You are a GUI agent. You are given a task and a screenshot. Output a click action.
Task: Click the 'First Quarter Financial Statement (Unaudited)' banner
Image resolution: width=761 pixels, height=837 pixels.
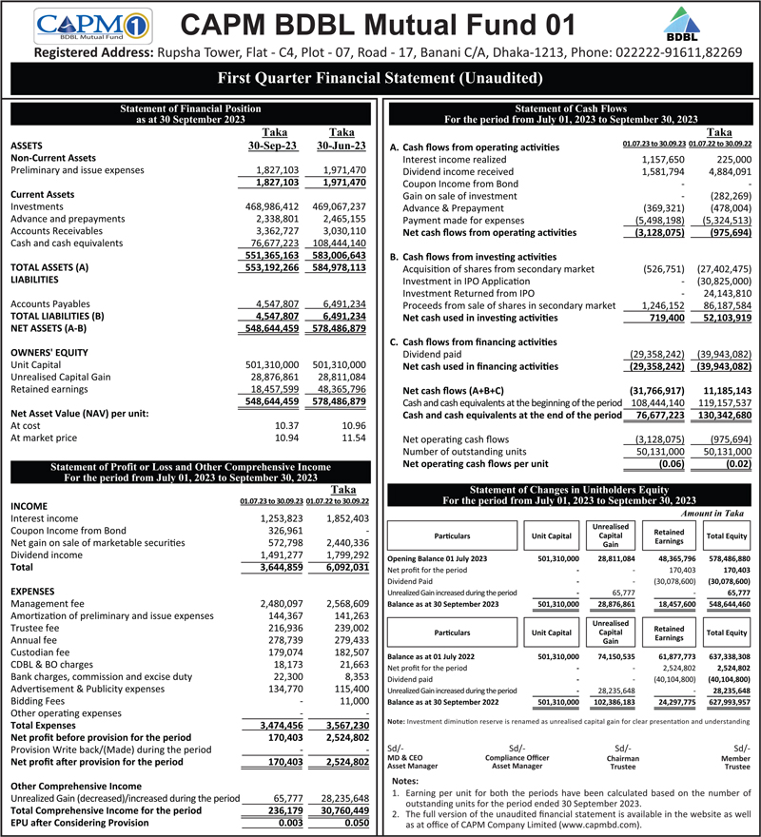[x=380, y=78]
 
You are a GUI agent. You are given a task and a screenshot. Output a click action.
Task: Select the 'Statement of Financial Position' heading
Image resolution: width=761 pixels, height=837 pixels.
[x=190, y=110]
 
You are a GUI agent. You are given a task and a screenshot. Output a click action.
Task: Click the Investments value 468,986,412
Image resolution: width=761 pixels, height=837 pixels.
[x=272, y=206]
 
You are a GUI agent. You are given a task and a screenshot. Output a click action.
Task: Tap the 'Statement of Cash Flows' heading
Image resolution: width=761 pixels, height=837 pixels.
[x=571, y=110]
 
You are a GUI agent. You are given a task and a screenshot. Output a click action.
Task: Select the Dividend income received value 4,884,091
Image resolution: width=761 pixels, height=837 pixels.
[x=725, y=171]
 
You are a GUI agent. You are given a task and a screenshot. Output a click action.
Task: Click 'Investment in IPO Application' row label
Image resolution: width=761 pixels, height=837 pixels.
[x=468, y=282]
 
